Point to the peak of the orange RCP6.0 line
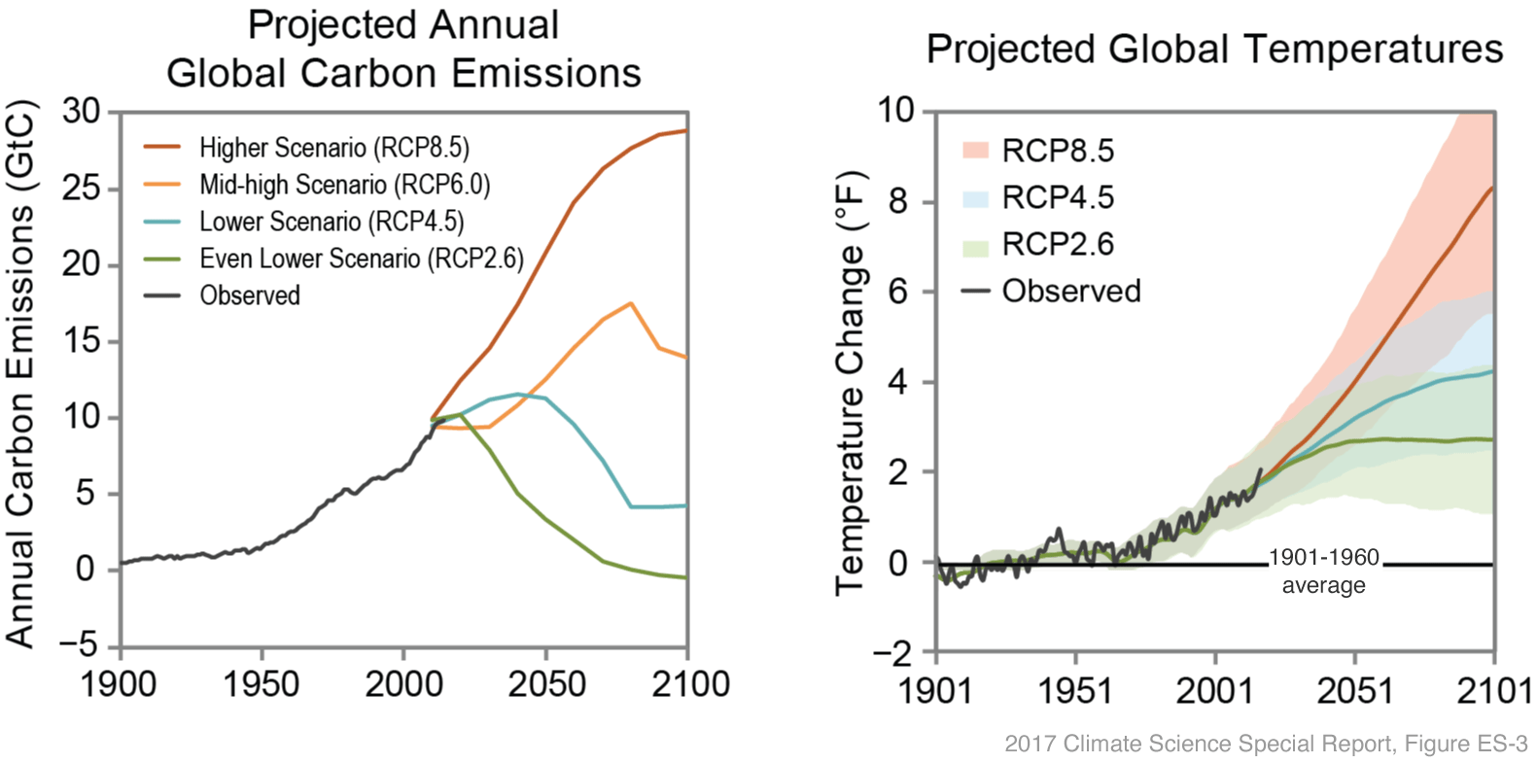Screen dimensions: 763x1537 point(631,303)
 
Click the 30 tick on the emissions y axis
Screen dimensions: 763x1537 point(82,112)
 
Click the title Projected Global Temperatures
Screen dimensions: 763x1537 point(1214,49)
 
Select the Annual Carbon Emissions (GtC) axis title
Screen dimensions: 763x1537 point(21,374)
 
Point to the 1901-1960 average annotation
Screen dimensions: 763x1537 point(1323,572)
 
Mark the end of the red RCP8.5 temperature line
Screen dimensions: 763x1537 point(1492,188)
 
